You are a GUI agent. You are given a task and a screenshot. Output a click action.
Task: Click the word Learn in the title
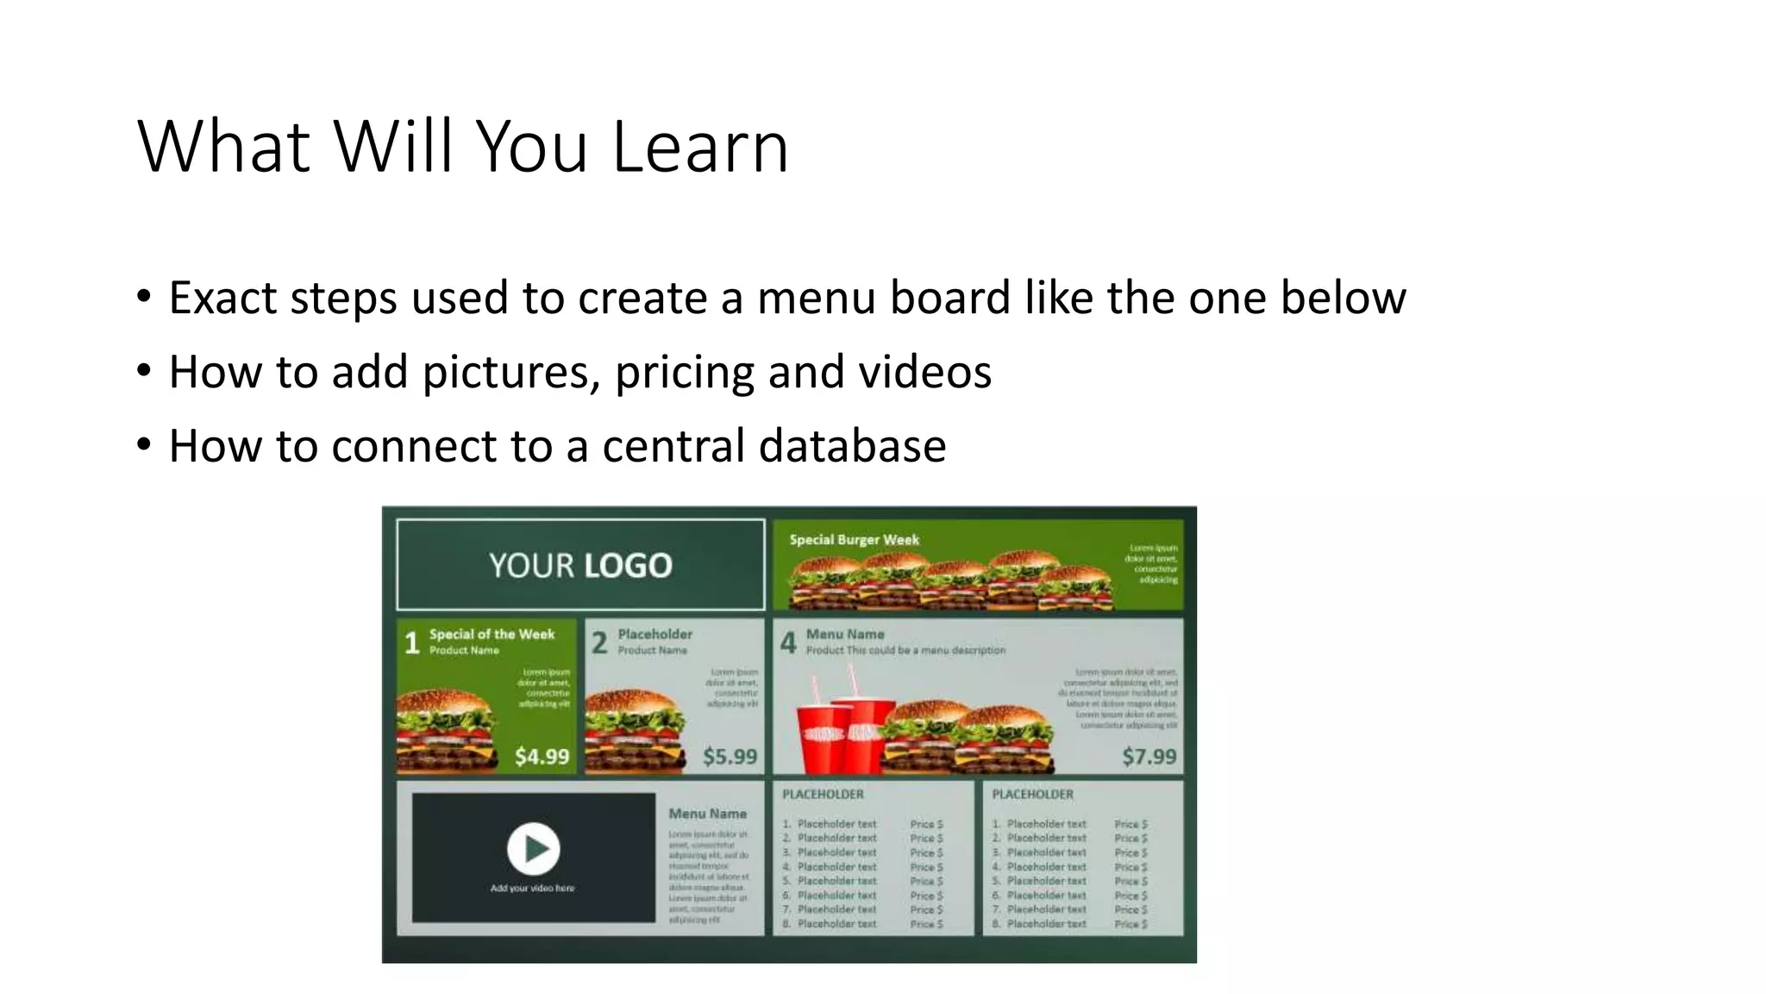click(699, 147)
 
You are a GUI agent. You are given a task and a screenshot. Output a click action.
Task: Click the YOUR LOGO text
click(580, 565)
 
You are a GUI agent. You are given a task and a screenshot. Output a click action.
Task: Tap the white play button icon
click(533, 848)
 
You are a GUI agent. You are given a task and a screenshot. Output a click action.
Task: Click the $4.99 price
click(542, 757)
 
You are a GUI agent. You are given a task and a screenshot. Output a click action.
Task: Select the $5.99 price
click(730, 757)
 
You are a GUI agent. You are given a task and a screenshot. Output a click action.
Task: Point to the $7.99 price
click(1149, 757)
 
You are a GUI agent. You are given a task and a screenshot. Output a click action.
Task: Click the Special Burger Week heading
click(854, 539)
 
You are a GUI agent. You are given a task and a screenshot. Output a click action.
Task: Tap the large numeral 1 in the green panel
click(412, 642)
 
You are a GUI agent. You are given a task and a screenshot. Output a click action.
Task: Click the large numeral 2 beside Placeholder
click(599, 642)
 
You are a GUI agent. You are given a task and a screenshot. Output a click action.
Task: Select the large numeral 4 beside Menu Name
click(788, 642)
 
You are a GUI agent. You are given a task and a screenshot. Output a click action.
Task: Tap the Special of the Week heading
click(492, 633)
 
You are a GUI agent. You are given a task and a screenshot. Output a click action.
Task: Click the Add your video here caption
click(532, 888)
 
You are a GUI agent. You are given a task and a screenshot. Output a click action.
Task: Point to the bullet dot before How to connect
click(144, 445)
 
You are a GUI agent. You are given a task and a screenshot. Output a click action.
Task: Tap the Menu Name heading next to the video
click(707, 814)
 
